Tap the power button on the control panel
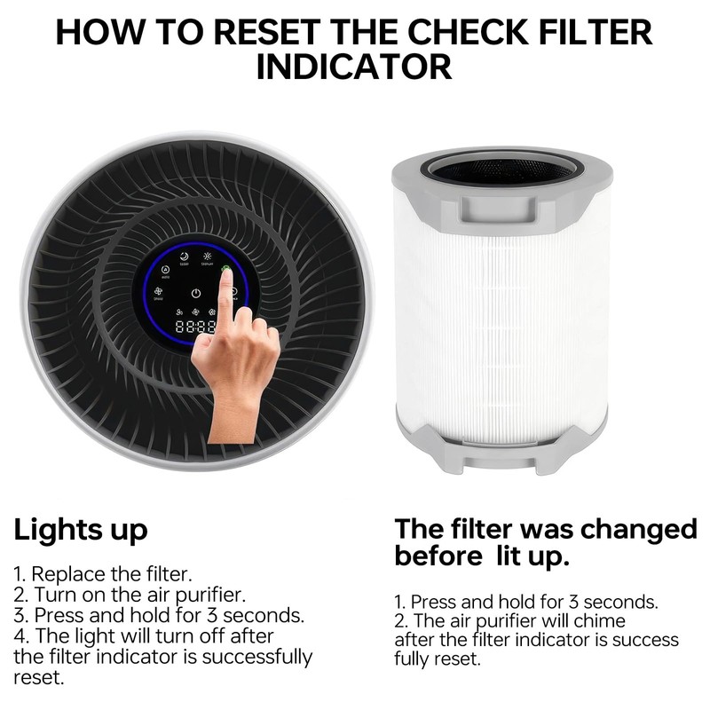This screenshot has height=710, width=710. (x=195, y=294)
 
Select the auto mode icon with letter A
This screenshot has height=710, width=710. (x=164, y=269)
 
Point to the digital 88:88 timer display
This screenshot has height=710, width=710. (x=194, y=327)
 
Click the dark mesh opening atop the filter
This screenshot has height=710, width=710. (x=501, y=168)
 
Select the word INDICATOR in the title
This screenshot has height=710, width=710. (x=354, y=67)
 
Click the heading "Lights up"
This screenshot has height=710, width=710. (x=80, y=530)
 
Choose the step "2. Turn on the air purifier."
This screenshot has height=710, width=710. (x=130, y=594)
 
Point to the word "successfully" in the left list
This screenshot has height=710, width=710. (x=257, y=657)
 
